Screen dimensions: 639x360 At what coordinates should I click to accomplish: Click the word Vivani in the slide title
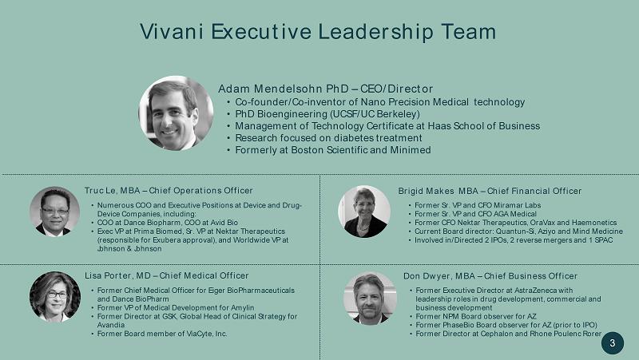pyautogui.click(x=171, y=32)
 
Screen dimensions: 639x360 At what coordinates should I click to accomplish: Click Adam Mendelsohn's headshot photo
pyautogui.click(x=176, y=113)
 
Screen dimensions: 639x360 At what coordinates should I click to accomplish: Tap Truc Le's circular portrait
pyautogui.click(x=54, y=212)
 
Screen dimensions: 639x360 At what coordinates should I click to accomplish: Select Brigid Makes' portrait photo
pyautogui.click(x=364, y=212)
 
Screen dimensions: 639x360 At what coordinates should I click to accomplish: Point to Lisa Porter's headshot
pyautogui.click(x=55, y=297)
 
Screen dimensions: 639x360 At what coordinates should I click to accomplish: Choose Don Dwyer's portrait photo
pyautogui.click(x=370, y=298)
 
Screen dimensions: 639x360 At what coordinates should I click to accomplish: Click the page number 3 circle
pyautogui.click(x=613, y=343)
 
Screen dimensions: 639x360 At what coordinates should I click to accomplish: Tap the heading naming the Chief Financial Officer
pyautogui.click(x=490, y=191)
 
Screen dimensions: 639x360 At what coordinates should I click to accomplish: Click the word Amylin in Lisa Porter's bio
pyautogui.click(x=242, y=308)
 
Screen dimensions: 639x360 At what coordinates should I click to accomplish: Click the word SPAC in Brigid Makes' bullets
pyautogui.click(x=604, y=239)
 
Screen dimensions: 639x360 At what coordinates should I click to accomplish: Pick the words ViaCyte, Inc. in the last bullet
pyautogui.click(x=207, y=334)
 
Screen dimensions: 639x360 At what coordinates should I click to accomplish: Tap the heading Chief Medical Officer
pyautogui.click(x=204, y=275)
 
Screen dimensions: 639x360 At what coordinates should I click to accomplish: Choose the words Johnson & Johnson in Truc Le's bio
pyautogui.click(x=129, y=248)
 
